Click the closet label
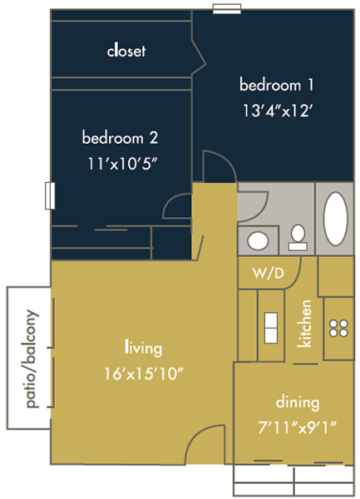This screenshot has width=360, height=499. pos(126,51)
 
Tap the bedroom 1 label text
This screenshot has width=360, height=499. pos(276,85)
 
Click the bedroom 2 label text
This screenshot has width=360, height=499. pos(120,137)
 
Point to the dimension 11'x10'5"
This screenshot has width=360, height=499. pos(122,164)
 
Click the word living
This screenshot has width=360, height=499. pos(144,348)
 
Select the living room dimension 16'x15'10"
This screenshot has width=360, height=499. pos(144,373)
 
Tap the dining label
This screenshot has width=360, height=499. pos(298,403)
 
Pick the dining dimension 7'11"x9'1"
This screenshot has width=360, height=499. pos(297,427)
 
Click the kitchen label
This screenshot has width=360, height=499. pos(304,324)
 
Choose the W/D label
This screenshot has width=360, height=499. pos(268,273)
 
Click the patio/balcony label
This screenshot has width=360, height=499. pos(32,358)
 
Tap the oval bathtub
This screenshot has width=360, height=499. pos(336,219)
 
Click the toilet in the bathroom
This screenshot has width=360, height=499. pos(298,237)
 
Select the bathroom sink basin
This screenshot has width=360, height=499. pos(258,240)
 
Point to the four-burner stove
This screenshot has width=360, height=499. pos(338,329)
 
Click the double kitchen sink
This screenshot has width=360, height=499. pos(271,328)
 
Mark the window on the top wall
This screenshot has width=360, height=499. pos(227,8)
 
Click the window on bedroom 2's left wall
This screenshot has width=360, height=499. pos(50,195)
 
